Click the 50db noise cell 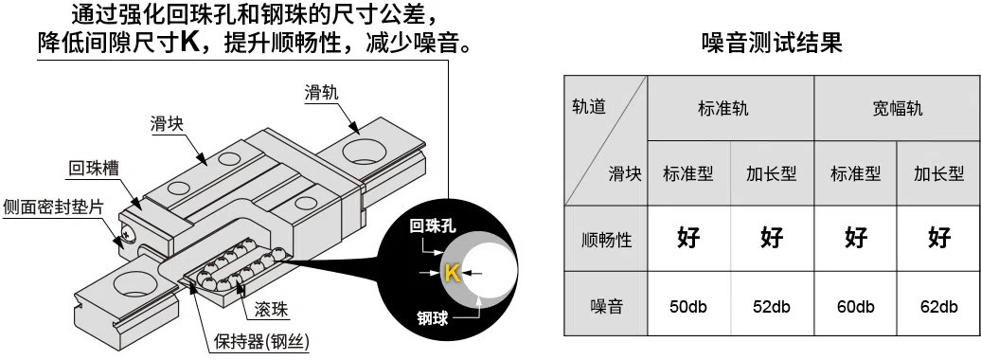pos(688,307)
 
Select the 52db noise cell pos(772,307)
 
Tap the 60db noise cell pos(855,307)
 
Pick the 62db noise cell pos(938,307)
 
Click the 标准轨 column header pos(730,108)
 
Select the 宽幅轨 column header pos(897,108)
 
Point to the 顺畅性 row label pos(606,239)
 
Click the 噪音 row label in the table pos(606,307)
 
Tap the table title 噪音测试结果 pos(772,44)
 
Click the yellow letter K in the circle pos(452,274)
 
